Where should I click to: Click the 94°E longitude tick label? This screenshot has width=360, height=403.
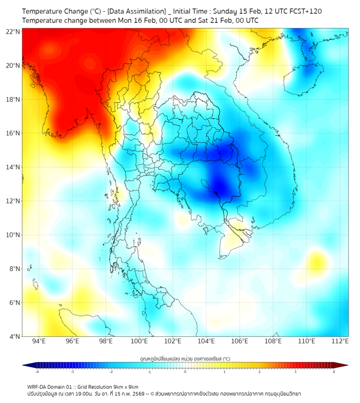[x=39, y=341]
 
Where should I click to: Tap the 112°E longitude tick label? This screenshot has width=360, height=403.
[x=340, y=341]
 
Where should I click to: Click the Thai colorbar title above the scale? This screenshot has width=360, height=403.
[x=185, y=359]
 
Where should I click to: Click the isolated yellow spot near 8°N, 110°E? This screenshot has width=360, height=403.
[x=318, y=262]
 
